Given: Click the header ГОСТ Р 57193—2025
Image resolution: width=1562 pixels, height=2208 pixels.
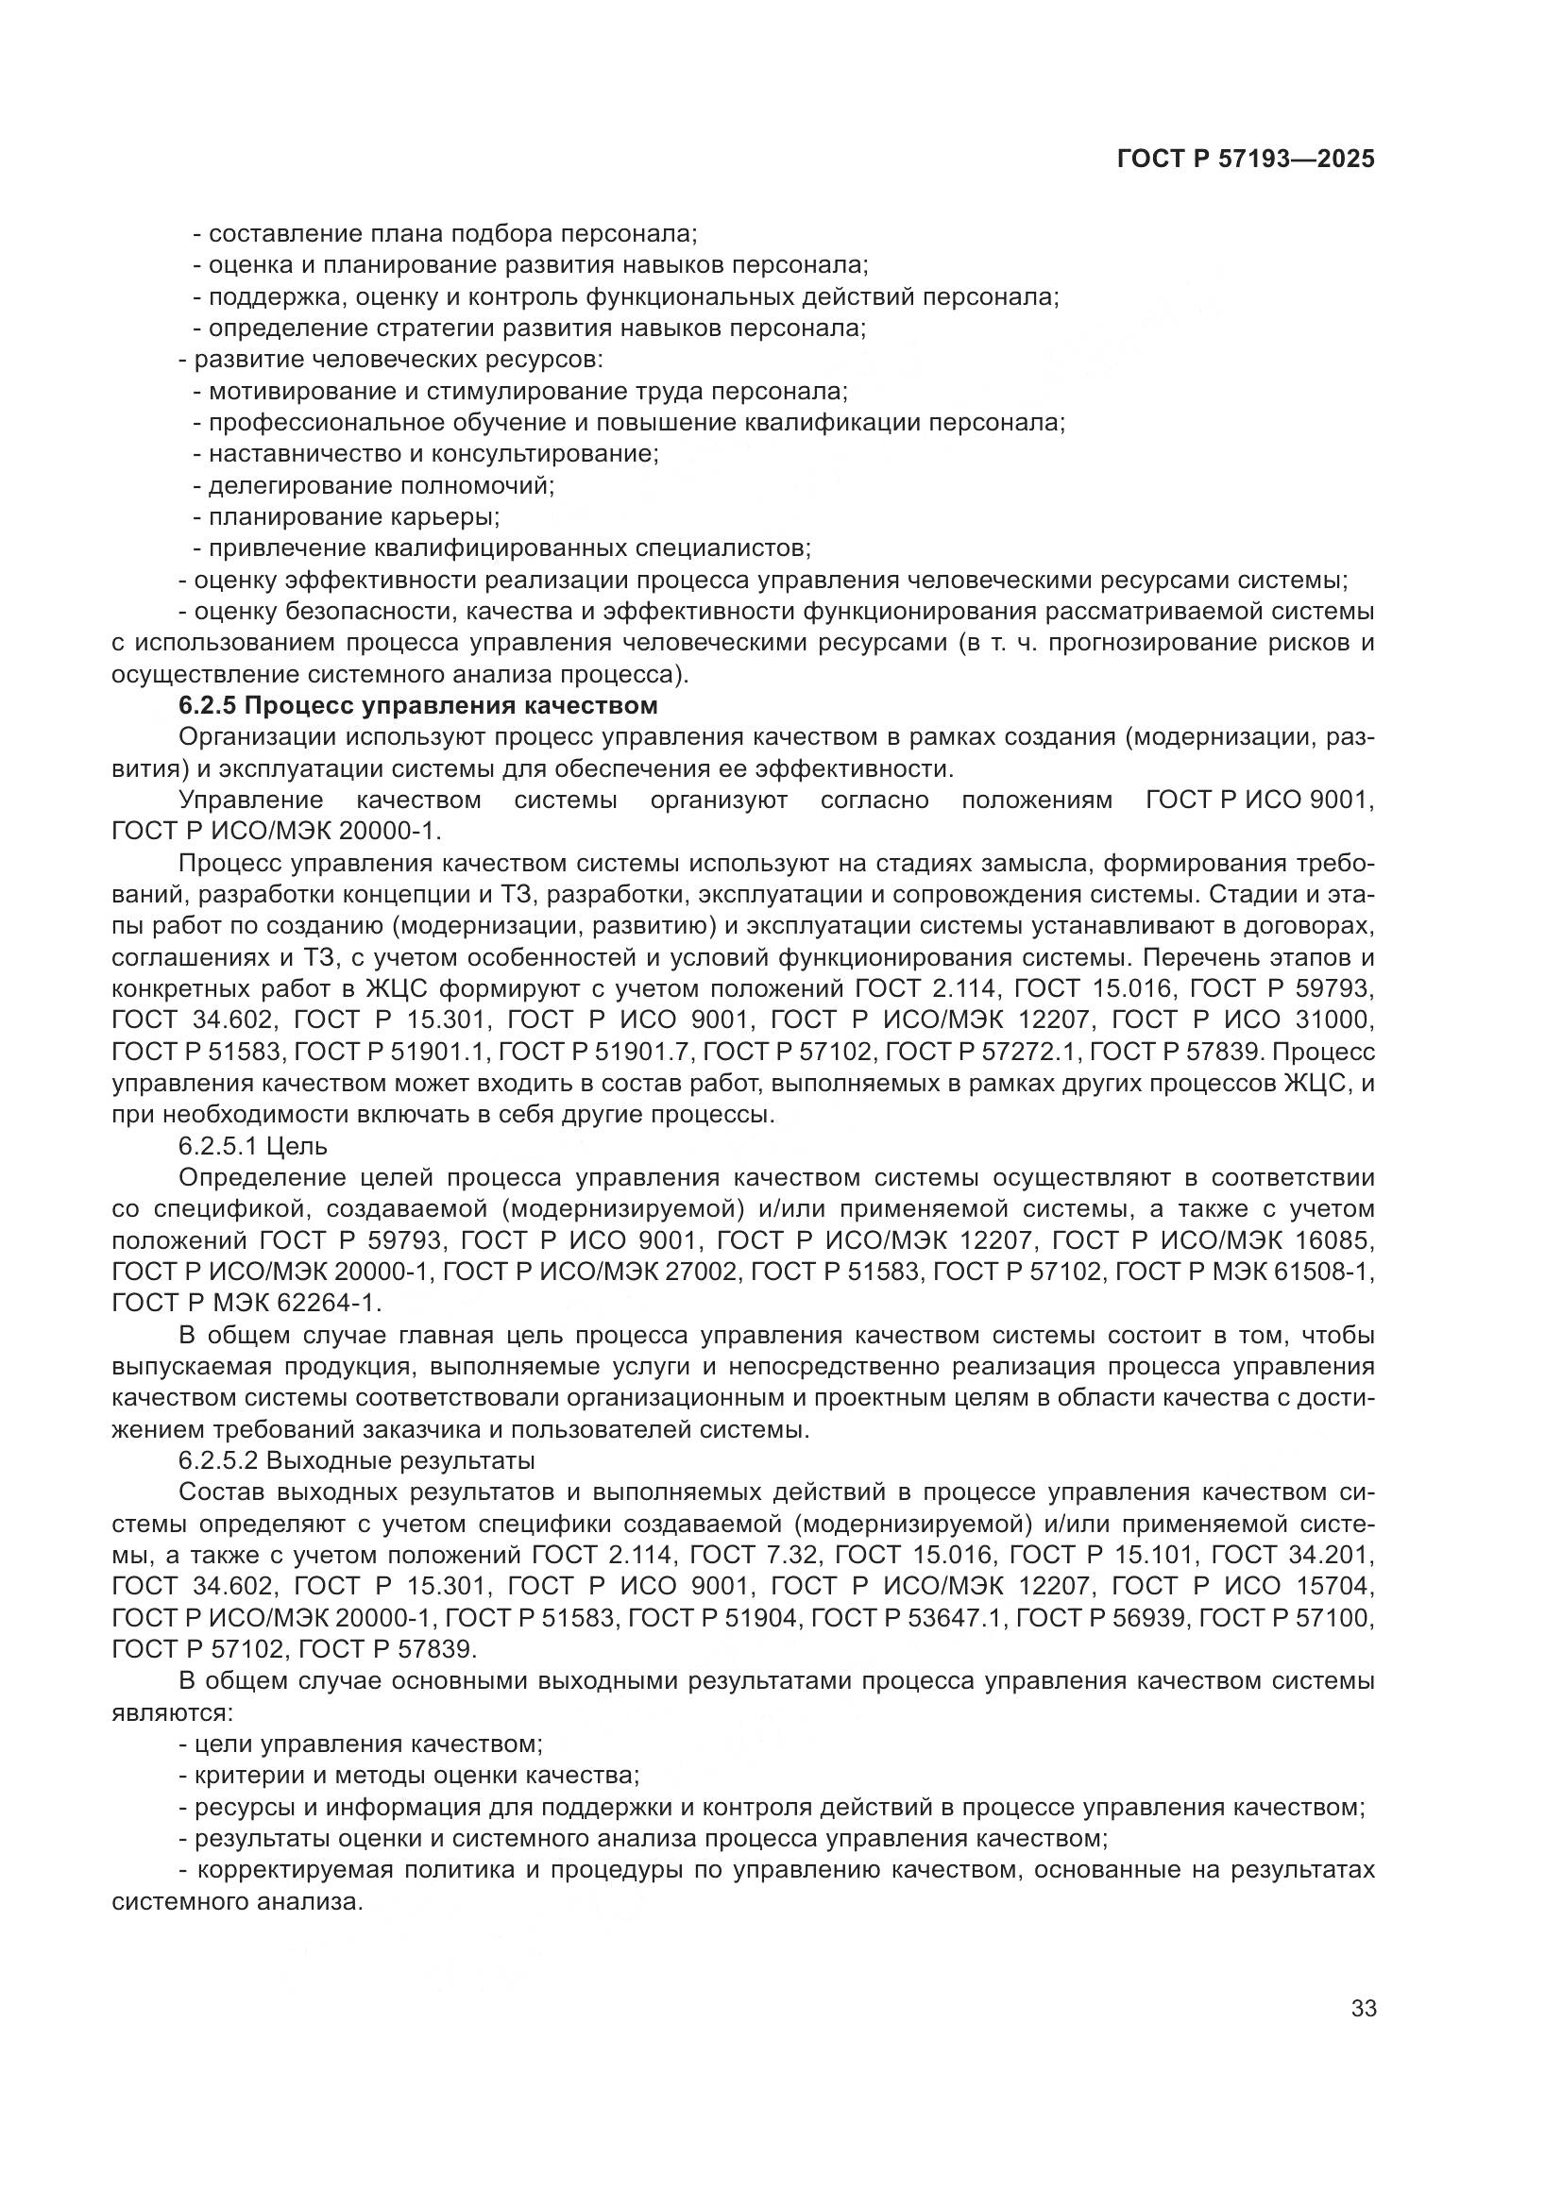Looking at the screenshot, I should [1245, 160].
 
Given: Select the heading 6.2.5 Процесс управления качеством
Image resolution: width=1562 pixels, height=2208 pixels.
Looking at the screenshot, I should [417, 706].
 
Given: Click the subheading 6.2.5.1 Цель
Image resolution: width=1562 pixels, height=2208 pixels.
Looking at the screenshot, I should [253, 1146].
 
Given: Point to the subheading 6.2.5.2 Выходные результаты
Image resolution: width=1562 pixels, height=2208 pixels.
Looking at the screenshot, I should [356, 1460].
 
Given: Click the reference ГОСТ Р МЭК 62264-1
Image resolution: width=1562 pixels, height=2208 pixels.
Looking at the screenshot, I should [246, 1303].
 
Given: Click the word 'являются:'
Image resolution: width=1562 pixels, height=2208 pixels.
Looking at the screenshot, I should [171, 1712].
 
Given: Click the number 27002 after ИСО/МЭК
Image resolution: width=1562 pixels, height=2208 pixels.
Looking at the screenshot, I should [699, 1273].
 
